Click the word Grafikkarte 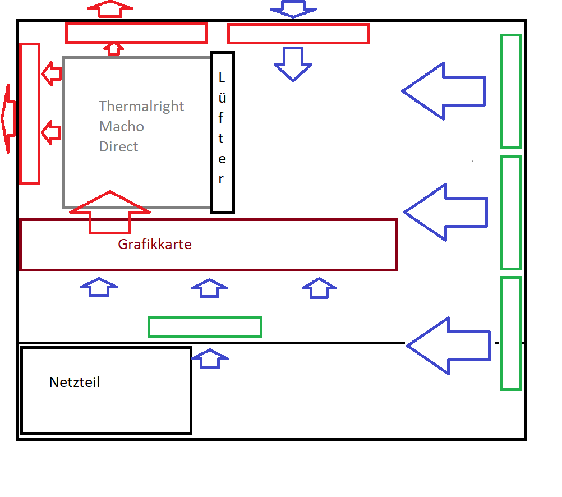click(155, 245)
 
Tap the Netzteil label click(75, 383)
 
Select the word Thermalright click(141, 106)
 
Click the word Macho click(122, 126)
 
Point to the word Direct click(118, 146)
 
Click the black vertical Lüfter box click(222, 132)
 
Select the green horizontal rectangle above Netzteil click(205, 327)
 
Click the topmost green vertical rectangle click(510, 91)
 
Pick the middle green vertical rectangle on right click(510, 213)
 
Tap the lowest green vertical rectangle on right click(510, 333)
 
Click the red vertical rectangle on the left click(30, 113)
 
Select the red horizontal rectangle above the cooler click(136, 33)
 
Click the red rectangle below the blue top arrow click(298, 34)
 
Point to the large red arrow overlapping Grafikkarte click(110, 213)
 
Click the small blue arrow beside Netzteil click(210, 358)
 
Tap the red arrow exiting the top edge click(110, 8)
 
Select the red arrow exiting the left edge click(8, 118)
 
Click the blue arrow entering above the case click(293, 8)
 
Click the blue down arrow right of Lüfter click(293, 63)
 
